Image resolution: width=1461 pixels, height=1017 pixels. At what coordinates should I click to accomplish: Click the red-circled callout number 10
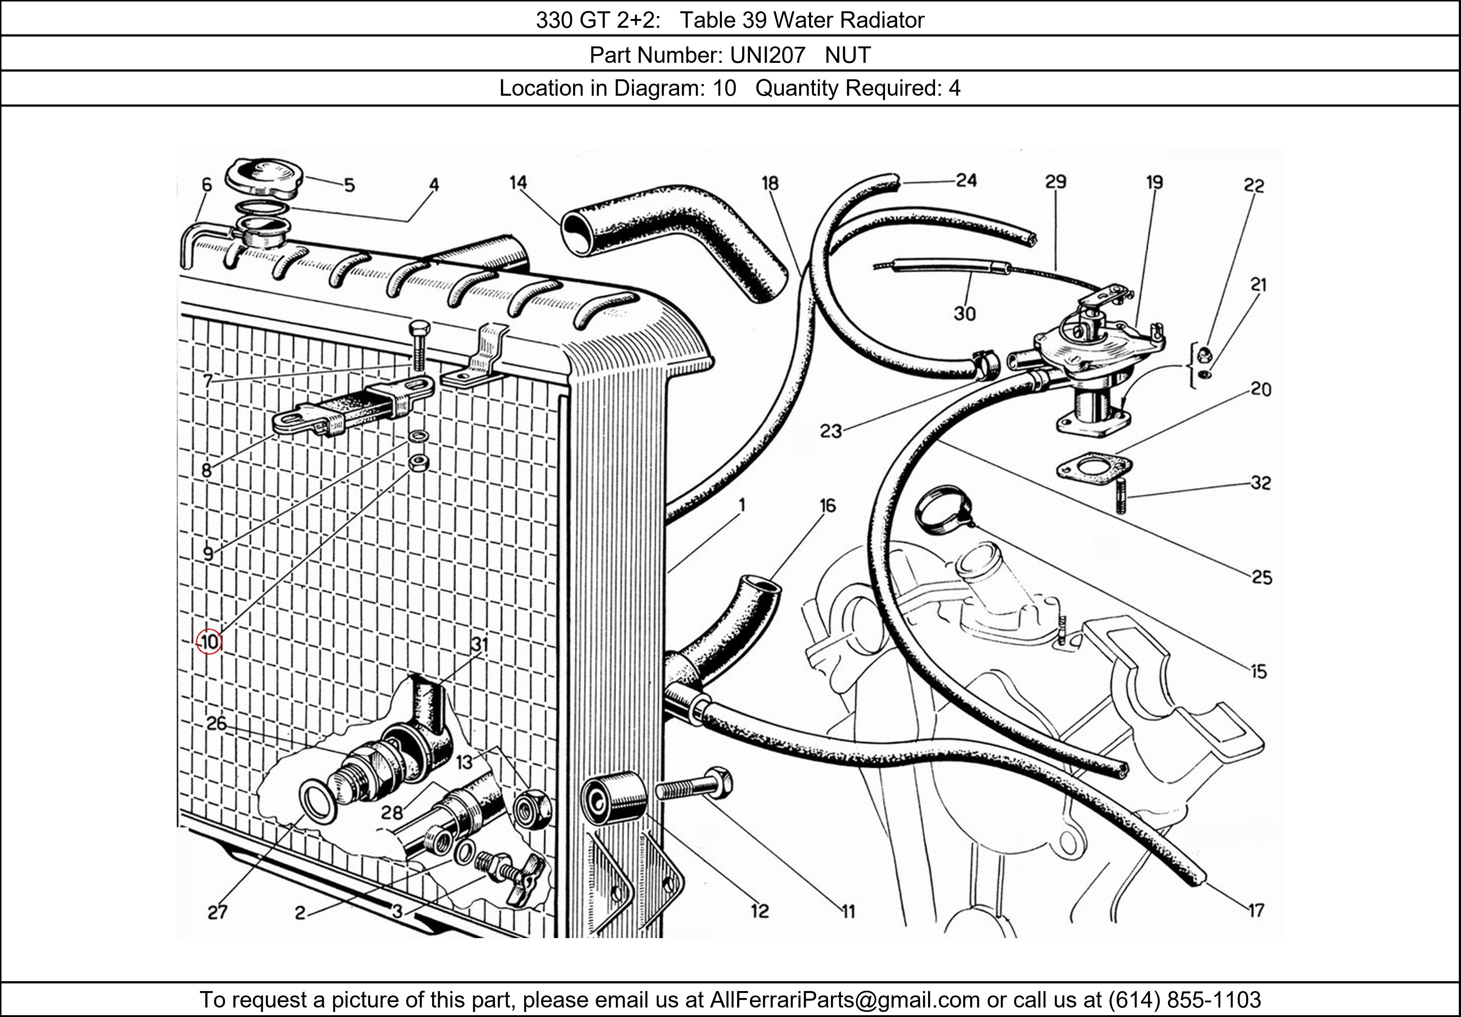(209, 641)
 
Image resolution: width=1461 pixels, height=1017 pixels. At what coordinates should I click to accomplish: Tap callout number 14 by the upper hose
(518, 183)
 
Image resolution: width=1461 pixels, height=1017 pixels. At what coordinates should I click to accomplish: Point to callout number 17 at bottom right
(1255, 911)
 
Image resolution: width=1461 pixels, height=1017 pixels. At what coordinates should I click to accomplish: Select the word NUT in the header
(848, 56)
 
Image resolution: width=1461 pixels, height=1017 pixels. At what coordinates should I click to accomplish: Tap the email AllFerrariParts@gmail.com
(844, 1000)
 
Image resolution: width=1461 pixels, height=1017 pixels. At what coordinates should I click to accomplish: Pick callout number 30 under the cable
(965, 314)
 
